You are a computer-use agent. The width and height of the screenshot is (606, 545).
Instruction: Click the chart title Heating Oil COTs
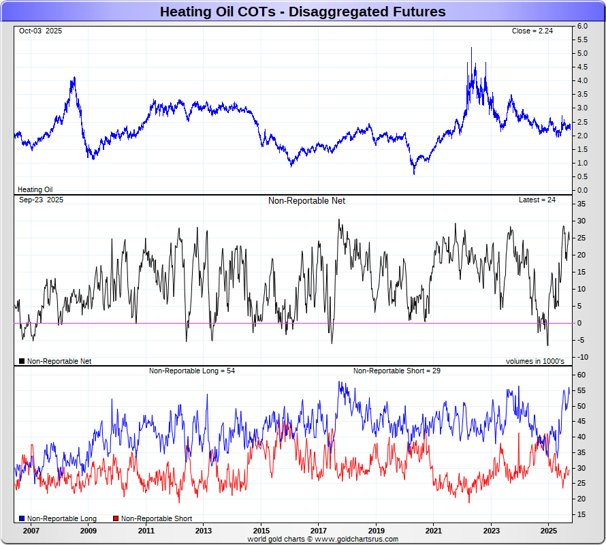[302, 12]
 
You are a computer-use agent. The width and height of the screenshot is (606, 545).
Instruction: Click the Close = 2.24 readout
[534, 31]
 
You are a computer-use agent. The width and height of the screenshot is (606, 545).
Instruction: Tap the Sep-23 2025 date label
[41, 200]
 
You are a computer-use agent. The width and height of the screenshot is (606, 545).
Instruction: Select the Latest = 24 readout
[537, 200]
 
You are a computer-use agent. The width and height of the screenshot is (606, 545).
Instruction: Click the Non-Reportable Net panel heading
[306, 200]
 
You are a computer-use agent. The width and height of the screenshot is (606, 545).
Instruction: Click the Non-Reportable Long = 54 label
[192, 371]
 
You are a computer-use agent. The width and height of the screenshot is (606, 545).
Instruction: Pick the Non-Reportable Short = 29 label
[395, 371]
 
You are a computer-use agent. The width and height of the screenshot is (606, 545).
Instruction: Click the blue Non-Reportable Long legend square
[22, 518]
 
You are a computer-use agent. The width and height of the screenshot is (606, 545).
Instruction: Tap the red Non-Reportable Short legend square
[116, 518]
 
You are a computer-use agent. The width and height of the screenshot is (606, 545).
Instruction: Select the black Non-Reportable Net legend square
[22, 361]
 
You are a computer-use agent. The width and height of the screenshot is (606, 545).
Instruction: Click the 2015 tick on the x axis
[261, 529]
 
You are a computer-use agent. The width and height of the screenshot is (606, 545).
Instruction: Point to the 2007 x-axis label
[31, 529]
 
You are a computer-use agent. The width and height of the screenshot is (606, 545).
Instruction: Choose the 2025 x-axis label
[549, 529]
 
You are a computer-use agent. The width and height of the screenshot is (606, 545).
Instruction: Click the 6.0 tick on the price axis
[582, 26]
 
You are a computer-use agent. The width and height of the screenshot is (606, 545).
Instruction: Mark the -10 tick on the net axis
[582, 357]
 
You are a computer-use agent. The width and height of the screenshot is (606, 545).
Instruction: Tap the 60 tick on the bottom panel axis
[582, 375]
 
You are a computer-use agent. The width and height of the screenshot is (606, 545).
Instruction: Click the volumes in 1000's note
[535, 361]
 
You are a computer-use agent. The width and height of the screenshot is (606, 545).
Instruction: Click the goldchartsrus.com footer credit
[323, 539]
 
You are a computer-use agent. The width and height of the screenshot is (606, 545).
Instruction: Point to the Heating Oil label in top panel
[35, 189]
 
